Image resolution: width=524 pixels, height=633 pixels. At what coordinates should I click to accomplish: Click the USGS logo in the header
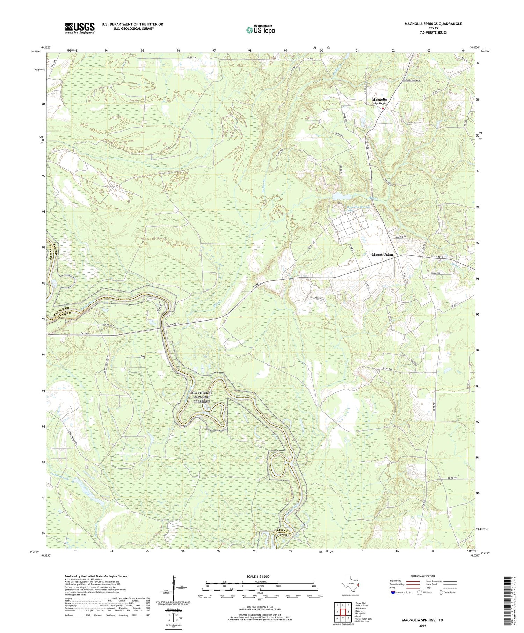[x=80, y=28]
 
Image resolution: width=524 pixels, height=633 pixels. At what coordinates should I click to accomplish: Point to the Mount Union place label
[x=382, y=255]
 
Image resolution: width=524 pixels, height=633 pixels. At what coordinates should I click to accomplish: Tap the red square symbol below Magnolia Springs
[x=383, y=108]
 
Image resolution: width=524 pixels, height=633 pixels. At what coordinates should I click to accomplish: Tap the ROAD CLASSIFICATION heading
[x=422, y=576]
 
